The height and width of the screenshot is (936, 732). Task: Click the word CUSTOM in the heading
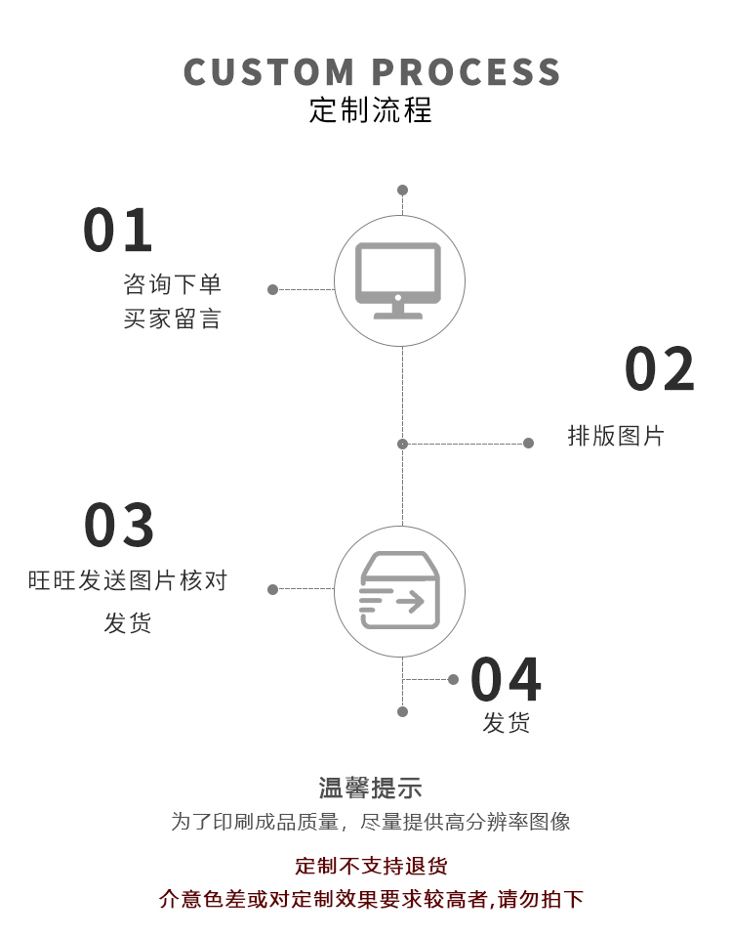tap(269, 72)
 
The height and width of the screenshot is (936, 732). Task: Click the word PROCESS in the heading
tap(468, 72)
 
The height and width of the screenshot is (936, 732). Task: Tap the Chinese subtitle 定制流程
tap(370, 109)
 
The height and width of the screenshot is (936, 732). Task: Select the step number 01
tap(118, 231)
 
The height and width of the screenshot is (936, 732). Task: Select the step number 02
tap(660, 370)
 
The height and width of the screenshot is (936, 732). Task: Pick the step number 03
tap(119, 526)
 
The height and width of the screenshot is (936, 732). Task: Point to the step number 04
tap(506, 681)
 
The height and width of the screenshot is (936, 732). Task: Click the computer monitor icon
tap(398, 280)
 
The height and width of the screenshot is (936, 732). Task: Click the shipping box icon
tap(399, 590)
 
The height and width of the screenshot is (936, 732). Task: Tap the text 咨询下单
tap(173, 284)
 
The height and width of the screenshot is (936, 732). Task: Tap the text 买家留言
tap(173, 319)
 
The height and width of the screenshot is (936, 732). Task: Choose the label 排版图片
tap(616, 436)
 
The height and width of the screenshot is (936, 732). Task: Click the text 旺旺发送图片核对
tap(128, 580)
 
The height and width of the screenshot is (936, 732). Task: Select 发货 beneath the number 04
tap(507, 723)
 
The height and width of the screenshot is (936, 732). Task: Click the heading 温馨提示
tap(370, 787)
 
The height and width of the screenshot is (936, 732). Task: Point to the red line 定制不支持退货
tap(371, 866)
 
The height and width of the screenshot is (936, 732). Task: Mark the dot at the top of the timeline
tap(402, 191)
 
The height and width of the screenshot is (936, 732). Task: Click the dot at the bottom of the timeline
tap(402, 711)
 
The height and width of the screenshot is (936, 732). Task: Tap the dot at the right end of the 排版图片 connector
tap(528, 444)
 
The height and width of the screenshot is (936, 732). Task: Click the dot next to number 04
tap(453, 679)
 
